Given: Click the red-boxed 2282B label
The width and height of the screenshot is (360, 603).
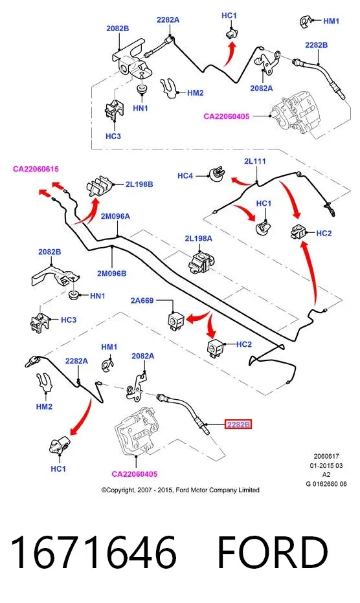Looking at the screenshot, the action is point(238,424).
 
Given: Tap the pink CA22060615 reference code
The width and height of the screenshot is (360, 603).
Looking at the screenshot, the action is point(36,169).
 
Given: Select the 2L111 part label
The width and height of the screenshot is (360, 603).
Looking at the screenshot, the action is point(255,161).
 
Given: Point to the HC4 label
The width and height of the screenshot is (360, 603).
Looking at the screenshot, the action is point(185,176).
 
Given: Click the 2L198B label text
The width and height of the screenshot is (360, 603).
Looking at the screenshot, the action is point(139,184).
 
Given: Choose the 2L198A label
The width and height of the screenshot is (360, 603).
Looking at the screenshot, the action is point(198,239).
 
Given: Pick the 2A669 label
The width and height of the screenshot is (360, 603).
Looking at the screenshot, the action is point(142,300).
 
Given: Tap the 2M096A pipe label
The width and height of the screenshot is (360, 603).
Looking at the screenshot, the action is point(115,216).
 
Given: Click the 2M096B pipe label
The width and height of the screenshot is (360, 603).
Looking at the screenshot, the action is point(111,274).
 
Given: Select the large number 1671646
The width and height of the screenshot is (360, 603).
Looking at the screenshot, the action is point(94,552).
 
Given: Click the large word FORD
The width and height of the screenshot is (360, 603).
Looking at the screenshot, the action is point(273,552).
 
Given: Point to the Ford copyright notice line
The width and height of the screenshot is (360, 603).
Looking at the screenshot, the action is point(180,490).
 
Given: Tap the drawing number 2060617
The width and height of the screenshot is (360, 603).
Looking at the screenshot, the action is point(326,456).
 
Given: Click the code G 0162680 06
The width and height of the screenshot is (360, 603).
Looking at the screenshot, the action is point(326,484).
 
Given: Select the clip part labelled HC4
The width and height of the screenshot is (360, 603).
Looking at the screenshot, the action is point(217,174).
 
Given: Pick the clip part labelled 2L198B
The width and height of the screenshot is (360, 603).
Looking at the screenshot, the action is point(100,186).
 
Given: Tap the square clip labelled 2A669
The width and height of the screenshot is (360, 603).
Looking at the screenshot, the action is point(176,320).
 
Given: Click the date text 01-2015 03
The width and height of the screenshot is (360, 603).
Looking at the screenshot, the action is point(326,465).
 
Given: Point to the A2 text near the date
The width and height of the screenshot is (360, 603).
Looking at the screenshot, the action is point(326,474).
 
